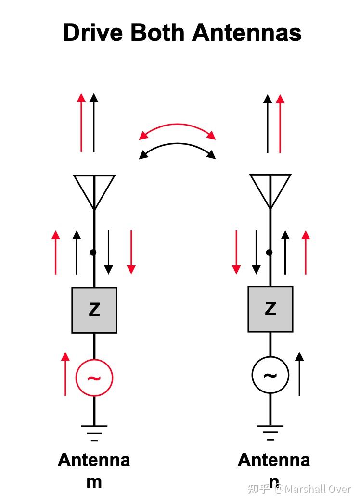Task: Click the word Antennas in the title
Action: [x=246, y=33]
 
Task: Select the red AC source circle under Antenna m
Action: [x=94, y=378]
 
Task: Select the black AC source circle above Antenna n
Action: [x=270, y=376]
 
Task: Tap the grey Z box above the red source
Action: [x=94, y=310]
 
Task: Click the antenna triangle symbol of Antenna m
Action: [x=94, y=188]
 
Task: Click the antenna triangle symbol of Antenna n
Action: [x=270, y=187]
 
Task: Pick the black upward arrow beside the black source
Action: [x=299, y=374]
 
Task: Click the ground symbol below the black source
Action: [x=270, y=429]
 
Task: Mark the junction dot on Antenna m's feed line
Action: [x=93, y=252]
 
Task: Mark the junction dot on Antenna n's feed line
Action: [x=270, y=252]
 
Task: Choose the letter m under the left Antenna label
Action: [x=94, y=481]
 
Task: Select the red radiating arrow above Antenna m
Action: [x=81, y=123]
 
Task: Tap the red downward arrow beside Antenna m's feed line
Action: [x=131, y=252]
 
